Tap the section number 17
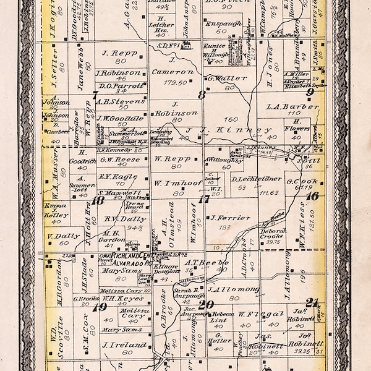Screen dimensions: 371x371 click(x=203, y=198)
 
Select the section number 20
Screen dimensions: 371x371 click(x=206, y=304)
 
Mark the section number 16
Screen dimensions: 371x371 click(x=312, y=196)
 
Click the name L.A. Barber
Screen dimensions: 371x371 click(x=292, y=106)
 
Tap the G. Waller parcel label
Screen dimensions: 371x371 click(x=223, y=79)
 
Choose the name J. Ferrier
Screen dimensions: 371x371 click(x=230, y=218)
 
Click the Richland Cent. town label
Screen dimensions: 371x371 click(x=130, y=254)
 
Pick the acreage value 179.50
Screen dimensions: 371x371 click(x=174, y=82)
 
